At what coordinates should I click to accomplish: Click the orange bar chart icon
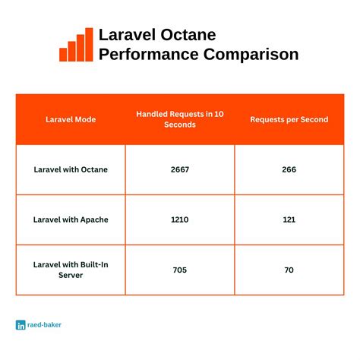pyautogui.click(x=76, y=45)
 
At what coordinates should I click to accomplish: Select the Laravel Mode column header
pyautogui.click(x=70, y=118)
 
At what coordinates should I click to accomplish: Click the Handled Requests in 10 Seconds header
pyautogui.click(x=180, y=118)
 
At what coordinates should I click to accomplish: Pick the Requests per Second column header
pyautogui.click(x=289, y=118)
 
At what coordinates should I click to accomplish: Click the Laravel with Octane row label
pyautogui.click(x=70, y=169)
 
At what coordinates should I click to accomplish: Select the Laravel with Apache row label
pyautogui.click(x=70, y=219)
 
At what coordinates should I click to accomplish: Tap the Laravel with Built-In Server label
pyautogui.click(x=70, y=269)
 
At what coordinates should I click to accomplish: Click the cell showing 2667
pyautogui.click(x=180, y=169)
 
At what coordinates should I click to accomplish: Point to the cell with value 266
pyautogui.click(x=289, y=169)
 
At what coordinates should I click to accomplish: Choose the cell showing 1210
pyautogui.click(x=180, y=219)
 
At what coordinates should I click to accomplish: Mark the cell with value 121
pyautogui.click(x=289, y=219)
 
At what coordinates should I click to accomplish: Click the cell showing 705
pyautogui.click(x=180, y=269)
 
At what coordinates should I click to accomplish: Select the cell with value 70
pyautogui.click(x=289, y=269)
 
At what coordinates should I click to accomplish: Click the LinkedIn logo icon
pyautogui.click(x=21, y=324)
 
